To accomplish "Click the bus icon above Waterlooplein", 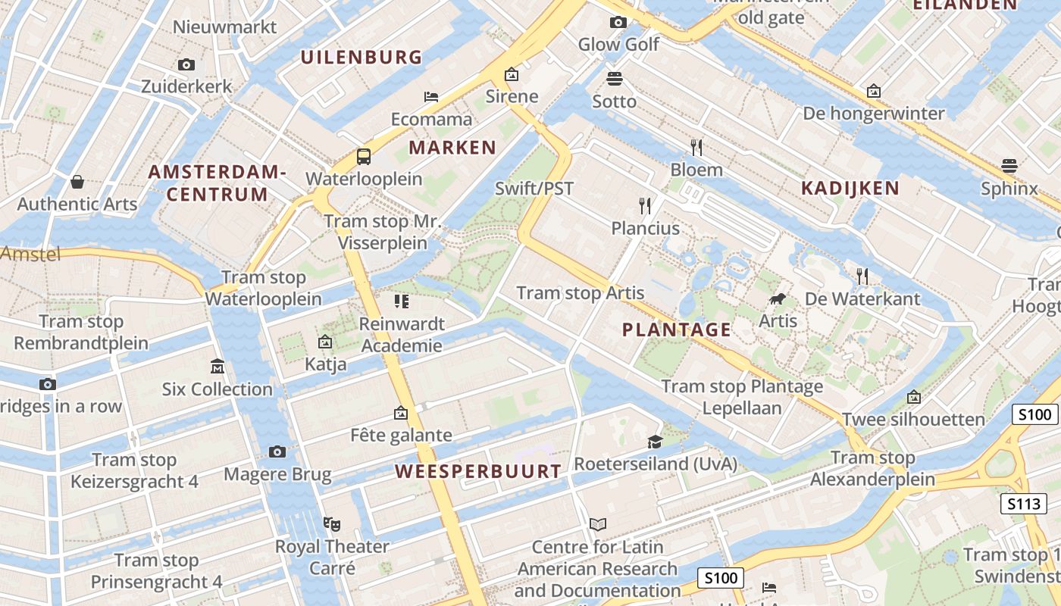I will tap(364, 157).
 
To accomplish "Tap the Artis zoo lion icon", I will tap(777, 299).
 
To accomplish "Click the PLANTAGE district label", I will tap(677, 330).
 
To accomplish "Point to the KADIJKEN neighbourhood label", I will tap(850, 189).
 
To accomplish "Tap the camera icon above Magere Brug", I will tap(277, 452).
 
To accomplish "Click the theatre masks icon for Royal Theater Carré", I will tap(331, 523).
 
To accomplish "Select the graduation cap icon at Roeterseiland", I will tap(655, 442).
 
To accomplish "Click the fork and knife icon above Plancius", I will tap(645, 205).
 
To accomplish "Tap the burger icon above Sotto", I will tap(614, 78).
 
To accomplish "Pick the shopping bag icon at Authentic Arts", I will tap(77, 182).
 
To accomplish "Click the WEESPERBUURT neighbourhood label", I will tap(478, 471).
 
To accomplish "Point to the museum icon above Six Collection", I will tap(218, 367).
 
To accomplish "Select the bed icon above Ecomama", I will tap(431, 97).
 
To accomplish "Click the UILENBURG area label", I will tap(361, 57).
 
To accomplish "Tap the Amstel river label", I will tap(30, 255).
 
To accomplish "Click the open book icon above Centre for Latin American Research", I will tap(598, 524).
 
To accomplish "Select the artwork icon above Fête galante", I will tap(401, 413).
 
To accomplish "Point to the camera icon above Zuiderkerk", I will tap(186, 65).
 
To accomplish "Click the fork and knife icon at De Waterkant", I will tap(862, 276).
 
